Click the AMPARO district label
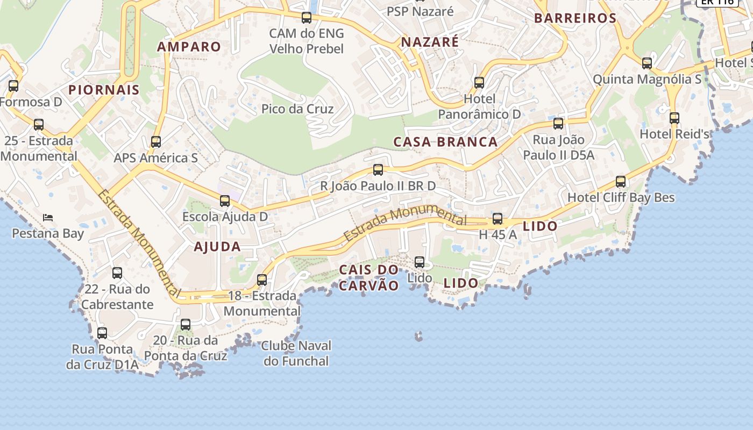point(189,47)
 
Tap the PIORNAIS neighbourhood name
point(104,90)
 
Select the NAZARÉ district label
point(430,42)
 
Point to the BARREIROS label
point(575,18)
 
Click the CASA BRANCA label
point(445,142)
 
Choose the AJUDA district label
point(217,247)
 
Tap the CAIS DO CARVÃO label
point(369,277)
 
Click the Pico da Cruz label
point(297,109)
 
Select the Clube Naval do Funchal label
point(296,353)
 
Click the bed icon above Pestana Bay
point(48,218)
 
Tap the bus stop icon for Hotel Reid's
point(674,118)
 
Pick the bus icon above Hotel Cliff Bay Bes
point(621,182)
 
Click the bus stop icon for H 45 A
point(498,219)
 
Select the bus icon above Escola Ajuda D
point(225,201)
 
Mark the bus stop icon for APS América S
point(156,142)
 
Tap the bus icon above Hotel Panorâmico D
point(479,83)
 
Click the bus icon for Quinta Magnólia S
point(647,63)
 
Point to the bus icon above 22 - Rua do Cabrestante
point(117,273)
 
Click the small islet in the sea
point(418,336)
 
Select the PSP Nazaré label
point(420,11)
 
